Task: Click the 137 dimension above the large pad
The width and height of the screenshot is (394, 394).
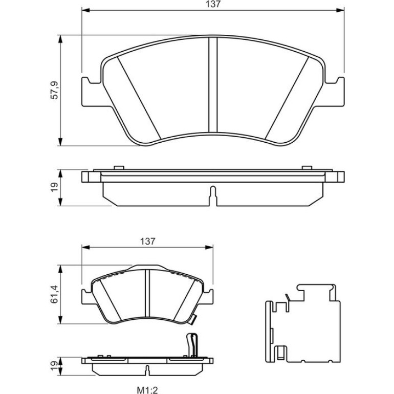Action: tap(213, 4)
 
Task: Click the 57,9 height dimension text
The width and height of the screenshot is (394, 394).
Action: tap(54, 90)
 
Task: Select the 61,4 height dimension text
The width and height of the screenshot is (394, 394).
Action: tap(54, 294)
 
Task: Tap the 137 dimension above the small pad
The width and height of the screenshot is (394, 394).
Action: tap(148, 242)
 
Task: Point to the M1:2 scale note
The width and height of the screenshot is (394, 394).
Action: tap(147, 390)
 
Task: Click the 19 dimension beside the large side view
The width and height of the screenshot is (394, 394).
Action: tap(54, 187)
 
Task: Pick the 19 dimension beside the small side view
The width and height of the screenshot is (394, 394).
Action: tap(54, 366)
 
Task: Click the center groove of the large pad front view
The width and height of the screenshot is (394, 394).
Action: tap(213, 85)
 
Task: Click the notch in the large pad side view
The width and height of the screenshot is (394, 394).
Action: tap(213, 196)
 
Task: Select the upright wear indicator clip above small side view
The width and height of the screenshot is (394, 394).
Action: tap(192, 345)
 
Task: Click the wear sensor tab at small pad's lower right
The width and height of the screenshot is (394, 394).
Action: tap(192, 320)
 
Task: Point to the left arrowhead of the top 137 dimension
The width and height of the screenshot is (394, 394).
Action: tap(85, 10)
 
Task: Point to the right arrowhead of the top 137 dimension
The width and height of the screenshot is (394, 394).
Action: tap(340, 10)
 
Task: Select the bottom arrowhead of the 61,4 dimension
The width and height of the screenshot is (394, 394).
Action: tap(60, 320)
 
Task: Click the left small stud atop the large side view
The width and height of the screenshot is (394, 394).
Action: tap(119, 168)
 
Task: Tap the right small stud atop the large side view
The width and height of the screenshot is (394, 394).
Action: tap(307, 168)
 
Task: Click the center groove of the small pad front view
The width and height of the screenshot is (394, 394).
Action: tap(147, 294)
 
